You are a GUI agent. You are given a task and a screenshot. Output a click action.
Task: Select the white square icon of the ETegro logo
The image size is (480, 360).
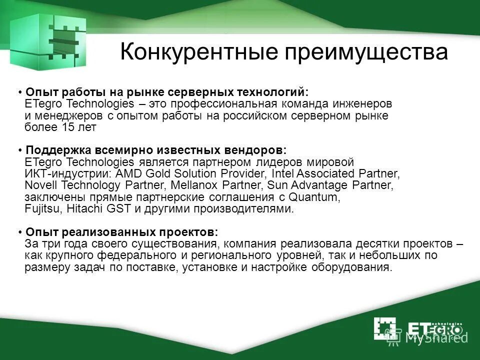pos(384,328)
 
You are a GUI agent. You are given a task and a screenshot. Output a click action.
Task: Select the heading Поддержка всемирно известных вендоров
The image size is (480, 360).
pos(156,150)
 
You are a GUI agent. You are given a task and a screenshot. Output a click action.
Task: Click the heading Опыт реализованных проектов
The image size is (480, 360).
pos(121,232)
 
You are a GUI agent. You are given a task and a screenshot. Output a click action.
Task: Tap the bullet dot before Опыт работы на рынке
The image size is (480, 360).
pos(19,93)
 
